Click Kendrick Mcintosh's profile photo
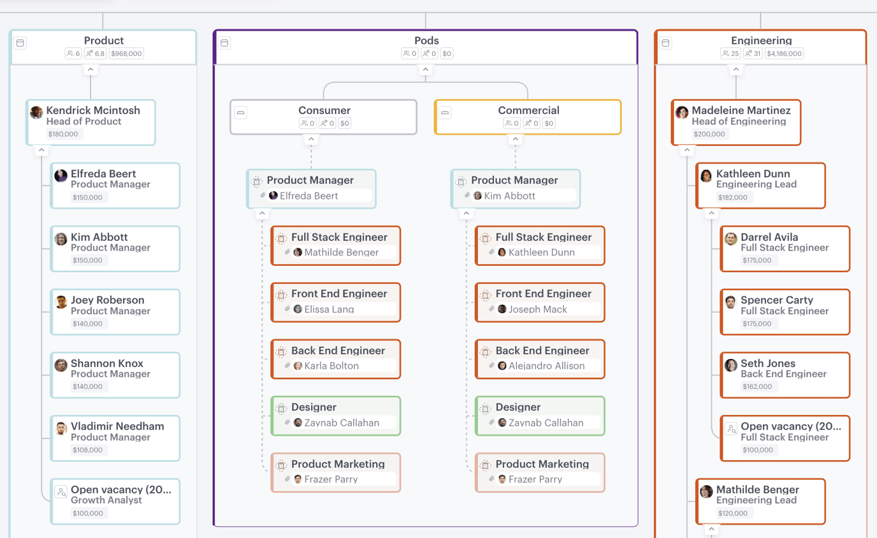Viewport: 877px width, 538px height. tap(36, 113)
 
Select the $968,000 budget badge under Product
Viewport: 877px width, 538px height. tap(126, 54)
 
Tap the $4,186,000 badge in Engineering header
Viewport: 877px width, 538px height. tap(785, 54)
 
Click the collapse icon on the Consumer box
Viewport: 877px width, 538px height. tap(241, 113)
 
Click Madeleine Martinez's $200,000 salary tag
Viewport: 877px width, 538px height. tap(709, 134)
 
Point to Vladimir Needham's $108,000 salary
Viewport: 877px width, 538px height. tap(87, 450)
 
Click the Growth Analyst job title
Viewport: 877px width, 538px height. tap(106, 500)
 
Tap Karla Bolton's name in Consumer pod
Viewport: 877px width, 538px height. tap(331, 366)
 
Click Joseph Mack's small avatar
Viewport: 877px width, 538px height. tap(502, 309)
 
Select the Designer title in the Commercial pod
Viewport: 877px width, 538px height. tap(518, 407)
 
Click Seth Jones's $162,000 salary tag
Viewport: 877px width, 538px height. tap(757, 387)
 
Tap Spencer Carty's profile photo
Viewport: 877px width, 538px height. tap(730, 302)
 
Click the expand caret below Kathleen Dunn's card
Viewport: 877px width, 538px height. tap(711, 214)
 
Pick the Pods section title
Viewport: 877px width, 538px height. tap(426, 40)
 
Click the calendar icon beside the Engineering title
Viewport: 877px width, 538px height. tap(665, 43)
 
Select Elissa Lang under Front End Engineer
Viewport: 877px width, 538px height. tap(329, 309)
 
